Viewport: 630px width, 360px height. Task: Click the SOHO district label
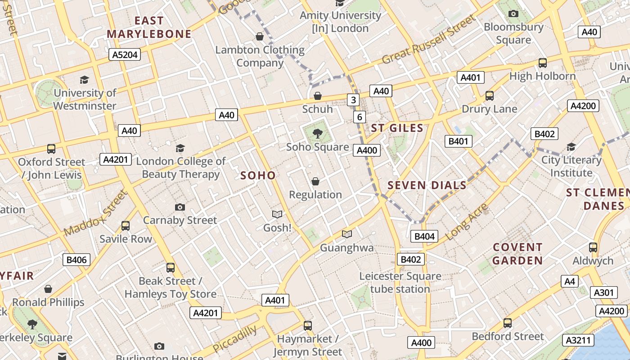pos(258,175)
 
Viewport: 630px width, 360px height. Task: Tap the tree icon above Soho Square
pos(318,133)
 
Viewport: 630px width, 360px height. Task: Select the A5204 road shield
pos(125,55)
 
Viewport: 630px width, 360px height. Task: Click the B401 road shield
pos(459,141)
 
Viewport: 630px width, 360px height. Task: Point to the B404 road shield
pos(424,236)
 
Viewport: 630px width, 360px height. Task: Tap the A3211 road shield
pos(577,340)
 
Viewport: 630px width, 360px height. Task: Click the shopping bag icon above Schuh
pos(318,96)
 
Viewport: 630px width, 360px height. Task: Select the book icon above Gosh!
pos(277,214)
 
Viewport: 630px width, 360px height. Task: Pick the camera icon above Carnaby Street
pos(180,207)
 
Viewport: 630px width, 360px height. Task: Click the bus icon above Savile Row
pos(126,226)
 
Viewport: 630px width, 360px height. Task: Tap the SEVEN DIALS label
pos(427,185)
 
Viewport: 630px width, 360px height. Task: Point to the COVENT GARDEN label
pos(517,254)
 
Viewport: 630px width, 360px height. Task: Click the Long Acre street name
pos(466,222)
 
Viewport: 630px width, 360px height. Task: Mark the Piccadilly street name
pos(234,339)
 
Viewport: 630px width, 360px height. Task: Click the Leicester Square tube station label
pos(400,282)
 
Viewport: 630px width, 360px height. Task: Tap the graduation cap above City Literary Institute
pos(571,147)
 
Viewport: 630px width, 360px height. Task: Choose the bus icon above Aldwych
pos(593,247)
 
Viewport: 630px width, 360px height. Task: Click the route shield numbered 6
pos(359,117)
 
